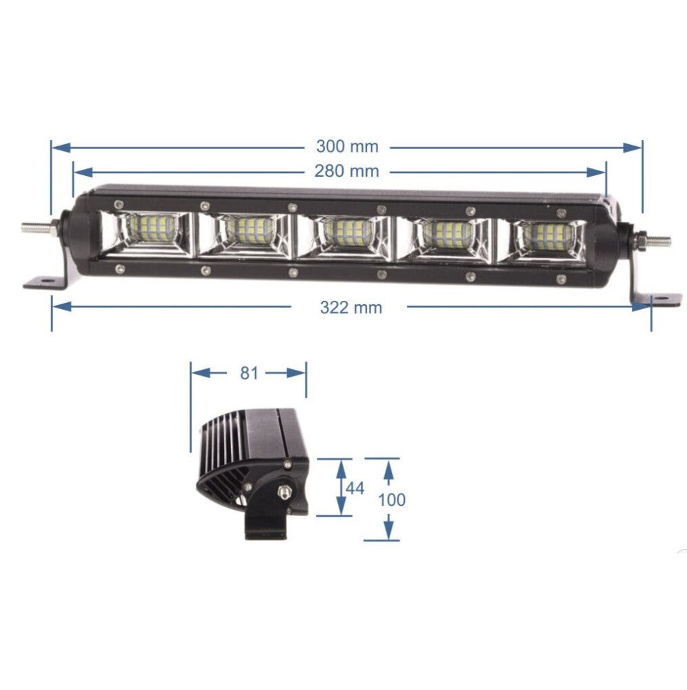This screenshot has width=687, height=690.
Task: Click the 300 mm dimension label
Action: click(x=347, y=146)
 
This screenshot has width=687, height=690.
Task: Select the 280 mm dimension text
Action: click(x=347, y=170)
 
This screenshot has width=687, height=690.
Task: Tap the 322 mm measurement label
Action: click(x=350, y=307)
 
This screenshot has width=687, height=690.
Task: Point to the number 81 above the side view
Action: click(x=248, y=373)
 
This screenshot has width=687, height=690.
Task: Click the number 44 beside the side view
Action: click(x=355, y=488)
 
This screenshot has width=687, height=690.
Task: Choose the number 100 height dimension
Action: click(x=392, y=499)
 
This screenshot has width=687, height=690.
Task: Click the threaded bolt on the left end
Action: click(x=34, y=226)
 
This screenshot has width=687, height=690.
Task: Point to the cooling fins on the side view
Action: click(x=221, y=448)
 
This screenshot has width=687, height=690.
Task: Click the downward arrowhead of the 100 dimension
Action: click(x=388, y=531)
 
